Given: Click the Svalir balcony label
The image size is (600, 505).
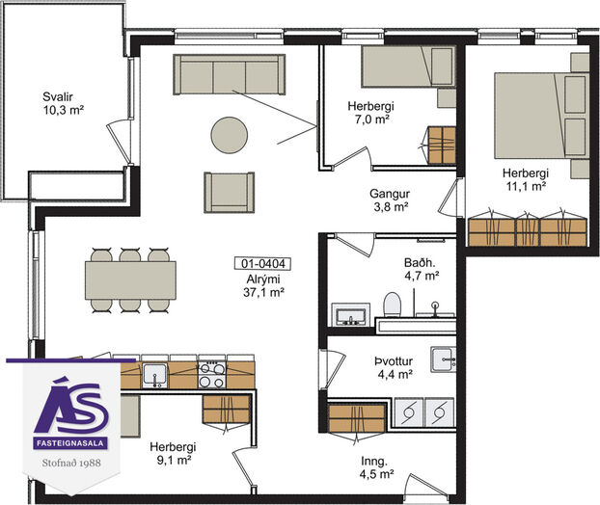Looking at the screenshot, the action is pyautogui.click(x=63, y=103).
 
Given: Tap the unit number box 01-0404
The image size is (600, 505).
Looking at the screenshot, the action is pyautogui.click(x=262, y=264).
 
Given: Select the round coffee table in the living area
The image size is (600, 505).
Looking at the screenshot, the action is pyautogui.click(x=230, y=135).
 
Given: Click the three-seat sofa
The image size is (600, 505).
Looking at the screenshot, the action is pyautogui.click(x=230, y=74).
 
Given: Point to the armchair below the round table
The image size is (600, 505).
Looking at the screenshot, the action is pyautogui.click(x=230, y=193).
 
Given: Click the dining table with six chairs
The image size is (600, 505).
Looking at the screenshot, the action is pyautogui.click(x=130, y=280).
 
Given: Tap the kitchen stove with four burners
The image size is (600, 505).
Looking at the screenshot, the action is pyautogui.click(x=212, y=375).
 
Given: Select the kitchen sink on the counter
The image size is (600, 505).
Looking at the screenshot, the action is pyautogui.click(x=154, y=376).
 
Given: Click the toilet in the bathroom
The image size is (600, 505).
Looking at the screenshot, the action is pyautogui.click(x=392, y=305).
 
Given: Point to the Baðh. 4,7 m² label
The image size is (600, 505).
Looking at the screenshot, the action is pyautogui.click(x=421, y=269).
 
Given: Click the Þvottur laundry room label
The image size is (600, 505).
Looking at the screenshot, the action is pyautogui.click(x=395, y=368).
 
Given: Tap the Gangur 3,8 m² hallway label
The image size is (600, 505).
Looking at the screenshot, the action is pyautogui.click(x=390, y=199).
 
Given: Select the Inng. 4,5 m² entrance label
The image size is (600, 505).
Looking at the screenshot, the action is pyautogui.click(x=376, y=467).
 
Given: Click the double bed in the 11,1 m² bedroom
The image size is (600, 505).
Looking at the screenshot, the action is pyautogui.click(x=541, y=116).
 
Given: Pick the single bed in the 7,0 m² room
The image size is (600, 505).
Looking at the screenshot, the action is pyautogui.click(x=409, y=66).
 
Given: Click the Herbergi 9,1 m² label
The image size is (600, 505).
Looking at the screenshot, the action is pyautogui.click(x=173, y=453).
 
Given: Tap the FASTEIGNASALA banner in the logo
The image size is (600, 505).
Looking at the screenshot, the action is pyautogui.click(x=70, y=443).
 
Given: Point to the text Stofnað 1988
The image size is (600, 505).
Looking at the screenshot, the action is pyautogui.click(x=71, y=463).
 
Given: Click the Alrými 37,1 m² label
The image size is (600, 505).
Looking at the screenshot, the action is pyautogui.click(x=263, y=285).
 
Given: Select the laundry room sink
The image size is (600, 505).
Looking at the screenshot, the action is pyautogui.click(x=443, y=359).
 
